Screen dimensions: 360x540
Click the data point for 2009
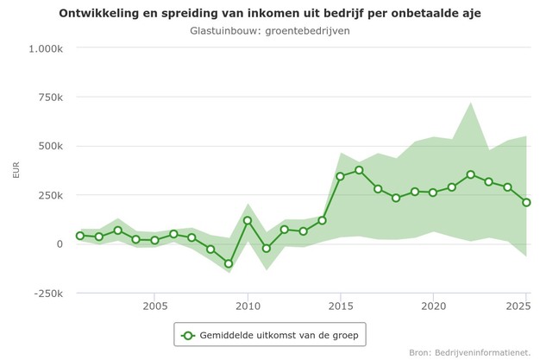pos(229,264)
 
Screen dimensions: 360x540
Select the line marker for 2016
pos(359,170)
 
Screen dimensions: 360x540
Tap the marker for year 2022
pos(470,174)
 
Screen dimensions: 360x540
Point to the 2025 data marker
pos(526,203)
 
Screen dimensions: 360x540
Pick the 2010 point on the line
pos(248,220)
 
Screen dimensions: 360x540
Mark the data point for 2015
pos(340,176)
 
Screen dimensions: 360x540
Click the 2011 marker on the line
pos(266,249)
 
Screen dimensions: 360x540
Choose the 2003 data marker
pos(117,231)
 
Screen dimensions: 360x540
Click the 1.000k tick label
pos(46,48)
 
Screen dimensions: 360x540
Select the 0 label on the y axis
pos(60,244)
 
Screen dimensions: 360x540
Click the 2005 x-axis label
pos(155,306)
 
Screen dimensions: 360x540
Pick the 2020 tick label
pos(433,306)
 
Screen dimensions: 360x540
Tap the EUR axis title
pos(16,170)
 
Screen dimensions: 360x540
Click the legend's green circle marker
pos(188,333)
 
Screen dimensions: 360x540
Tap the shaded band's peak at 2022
pos(470,103)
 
